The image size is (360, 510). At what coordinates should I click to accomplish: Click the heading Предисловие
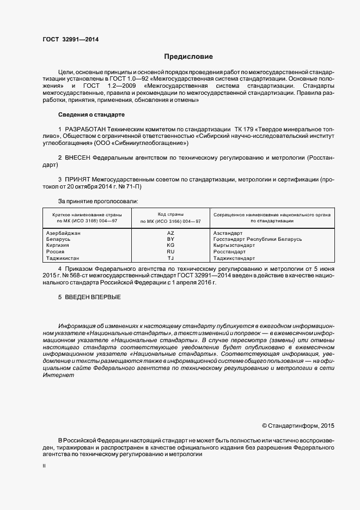click(189, 57)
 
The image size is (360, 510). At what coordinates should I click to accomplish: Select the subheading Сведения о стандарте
click(91, 115)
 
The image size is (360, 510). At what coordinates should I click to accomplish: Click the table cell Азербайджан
click(64, 233)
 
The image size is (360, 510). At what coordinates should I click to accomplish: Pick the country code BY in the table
click(170, 239)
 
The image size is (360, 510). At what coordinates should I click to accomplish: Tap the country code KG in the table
click(170, 246)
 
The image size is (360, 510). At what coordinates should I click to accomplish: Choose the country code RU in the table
click(170, 252)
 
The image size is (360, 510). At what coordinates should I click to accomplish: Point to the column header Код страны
click(170, 215)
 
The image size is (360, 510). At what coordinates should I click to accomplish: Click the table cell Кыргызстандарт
click(235, 246)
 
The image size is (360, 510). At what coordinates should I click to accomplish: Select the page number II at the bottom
click(44, 466)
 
